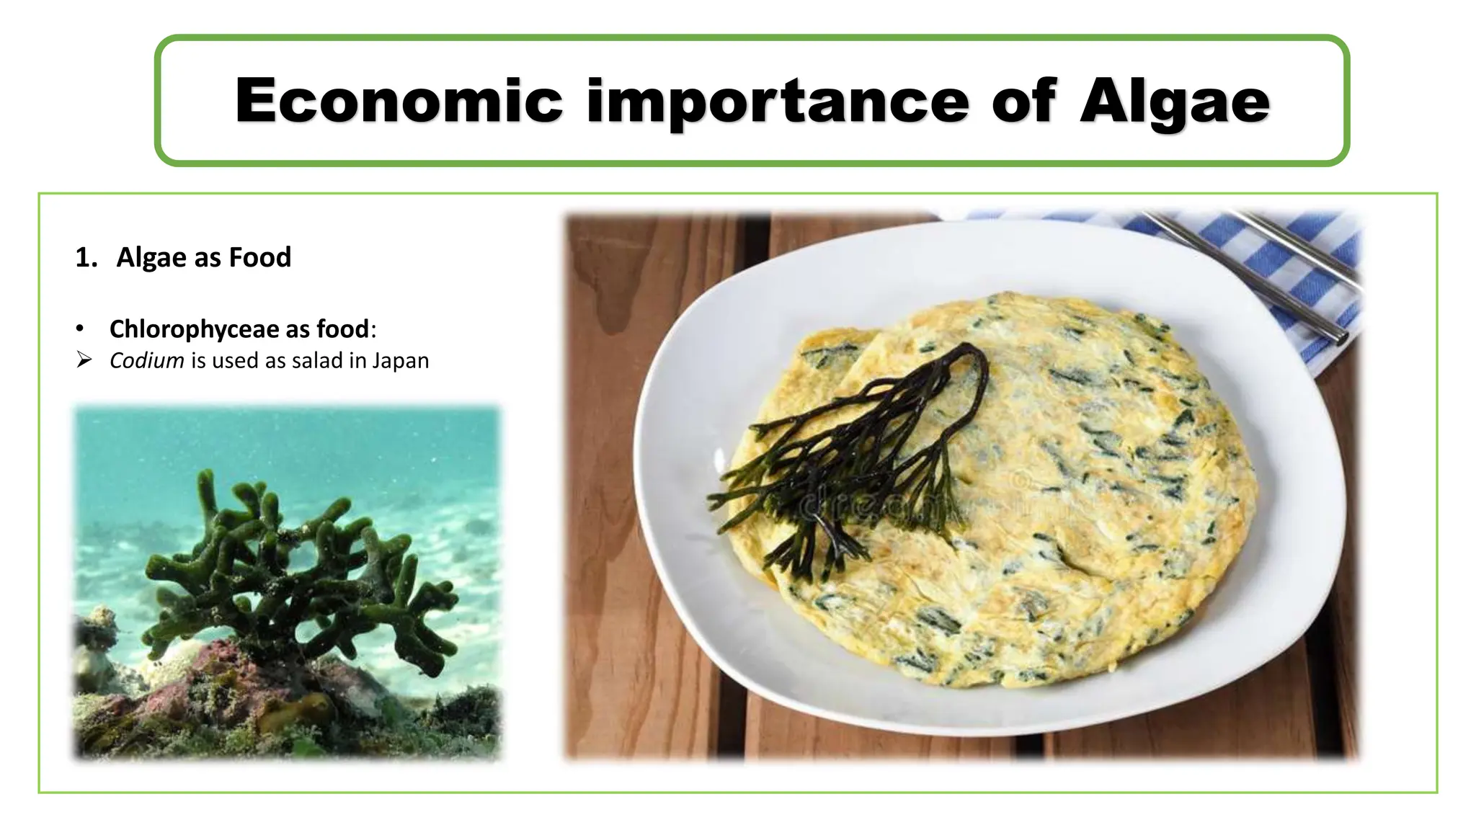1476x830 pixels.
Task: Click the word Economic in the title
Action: [398, 101]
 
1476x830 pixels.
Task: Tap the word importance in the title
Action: [777, 101]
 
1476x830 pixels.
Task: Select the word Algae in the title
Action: [1174, 101]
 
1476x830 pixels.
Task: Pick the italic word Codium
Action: [146, 360]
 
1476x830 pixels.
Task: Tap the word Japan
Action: [400, 360]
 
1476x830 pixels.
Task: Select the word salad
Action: [317, 360]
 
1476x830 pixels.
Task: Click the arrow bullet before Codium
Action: [84, 360]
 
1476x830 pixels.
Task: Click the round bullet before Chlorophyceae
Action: [80, 330]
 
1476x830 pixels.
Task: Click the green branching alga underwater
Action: [288, 562]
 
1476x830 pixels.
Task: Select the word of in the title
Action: [1023, 101]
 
